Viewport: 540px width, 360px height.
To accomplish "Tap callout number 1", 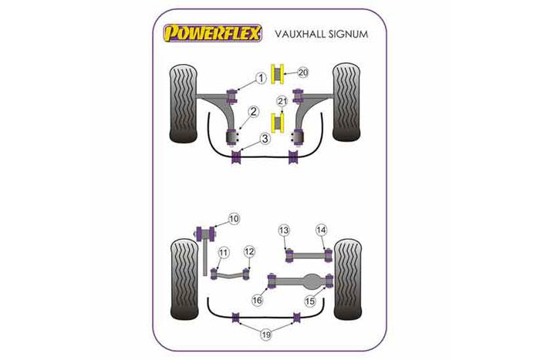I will pyautogui.click(x=261, y=77).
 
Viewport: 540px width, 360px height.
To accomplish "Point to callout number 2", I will pyautogui.click(x=252, y=115).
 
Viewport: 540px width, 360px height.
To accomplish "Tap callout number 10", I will pyautogui.click(x=234, y=219).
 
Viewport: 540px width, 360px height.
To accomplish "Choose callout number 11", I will pyautogui.click(x=223, y=252).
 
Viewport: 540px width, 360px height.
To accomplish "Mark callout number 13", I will pyautogui.click(x=284, y=230).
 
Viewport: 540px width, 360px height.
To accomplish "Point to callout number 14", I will pyautogui.click(x=321, y=230).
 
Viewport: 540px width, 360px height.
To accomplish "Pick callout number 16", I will pyautogui.click(x=258, y=300).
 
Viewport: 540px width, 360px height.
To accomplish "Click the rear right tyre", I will pyautogui.click(x=346, y=278).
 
